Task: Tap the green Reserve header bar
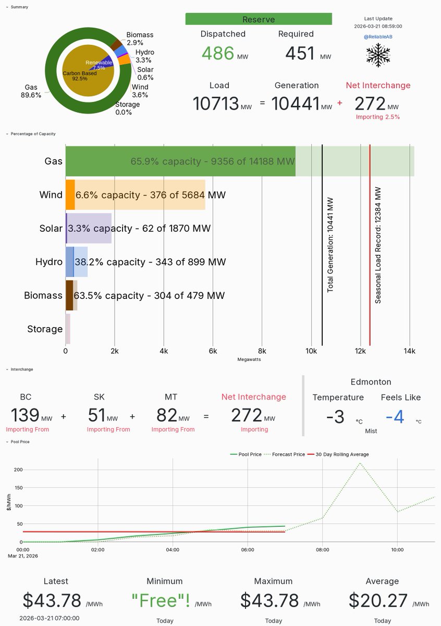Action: click(x=259, y=19)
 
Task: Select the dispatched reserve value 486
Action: click(x=218, y=53)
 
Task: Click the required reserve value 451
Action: click(x=300, y=53)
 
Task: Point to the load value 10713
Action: click(x=215, y=103)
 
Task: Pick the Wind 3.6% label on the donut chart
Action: click(x=140, y=91)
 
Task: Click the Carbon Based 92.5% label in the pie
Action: click(x=79, y=76)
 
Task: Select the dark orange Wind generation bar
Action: click(x=70, y=195)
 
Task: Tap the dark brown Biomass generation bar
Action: click(x=69, y=295)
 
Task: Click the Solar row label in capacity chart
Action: click(x=51, y=228)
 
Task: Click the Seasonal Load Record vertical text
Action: click(x=378, y=245)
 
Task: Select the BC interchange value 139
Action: click(x=25, y=415)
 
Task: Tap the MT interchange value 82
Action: click(x=167, y=415)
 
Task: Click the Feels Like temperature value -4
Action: click(x=398, y=417)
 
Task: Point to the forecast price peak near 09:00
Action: click(x=360, y=463)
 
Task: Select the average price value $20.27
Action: click(x=378, y=600)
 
